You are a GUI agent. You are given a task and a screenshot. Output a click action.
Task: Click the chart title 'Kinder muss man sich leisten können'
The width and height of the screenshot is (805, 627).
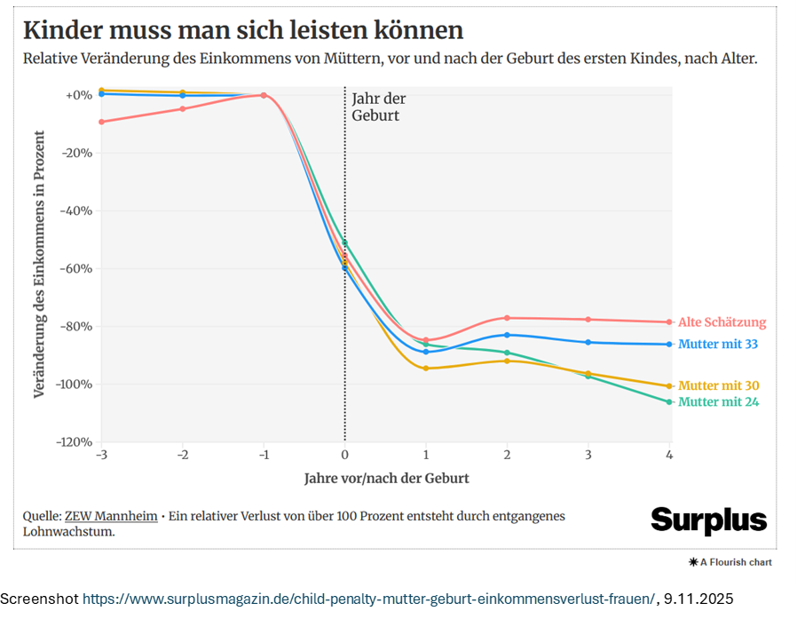click(x=243, y=30)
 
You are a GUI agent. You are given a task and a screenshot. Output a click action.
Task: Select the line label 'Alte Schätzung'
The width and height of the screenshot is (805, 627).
click(x=722, y=322)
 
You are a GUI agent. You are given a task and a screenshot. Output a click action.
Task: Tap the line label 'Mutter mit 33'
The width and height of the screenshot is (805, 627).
click(x=718, y=344)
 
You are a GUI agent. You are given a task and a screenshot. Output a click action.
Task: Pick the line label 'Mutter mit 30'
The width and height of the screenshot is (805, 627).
click(x=718, y=385)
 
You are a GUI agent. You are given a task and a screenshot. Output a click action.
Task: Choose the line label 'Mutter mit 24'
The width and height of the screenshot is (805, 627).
click(x=718, y=402)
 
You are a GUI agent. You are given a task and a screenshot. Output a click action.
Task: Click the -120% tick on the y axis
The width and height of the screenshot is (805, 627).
click(x=74, y=441)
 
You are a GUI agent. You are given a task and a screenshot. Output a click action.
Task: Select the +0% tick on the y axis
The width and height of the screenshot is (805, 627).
click(x=78, y=95)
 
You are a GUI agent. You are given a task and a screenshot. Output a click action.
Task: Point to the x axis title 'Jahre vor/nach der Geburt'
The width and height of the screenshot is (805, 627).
click(x=386, y=478)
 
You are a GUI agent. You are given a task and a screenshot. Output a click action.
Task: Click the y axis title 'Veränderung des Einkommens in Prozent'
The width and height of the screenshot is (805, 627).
click(x=39, y=264)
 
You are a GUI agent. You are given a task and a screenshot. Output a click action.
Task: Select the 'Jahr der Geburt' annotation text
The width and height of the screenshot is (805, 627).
click(x=378, y=107)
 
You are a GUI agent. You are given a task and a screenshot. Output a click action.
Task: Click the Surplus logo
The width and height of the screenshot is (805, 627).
click(x=708, y=520)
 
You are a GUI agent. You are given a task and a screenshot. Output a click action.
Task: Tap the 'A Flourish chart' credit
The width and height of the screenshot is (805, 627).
click(x=730, y=562)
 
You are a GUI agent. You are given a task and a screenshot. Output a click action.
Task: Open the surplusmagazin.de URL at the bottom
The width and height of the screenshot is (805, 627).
click(x=369, y=599)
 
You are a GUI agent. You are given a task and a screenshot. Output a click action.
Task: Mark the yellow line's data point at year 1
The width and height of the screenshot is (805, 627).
click(x=426, y=368)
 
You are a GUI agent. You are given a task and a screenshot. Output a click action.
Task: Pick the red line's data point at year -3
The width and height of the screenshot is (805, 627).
click(x=100, y=122)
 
